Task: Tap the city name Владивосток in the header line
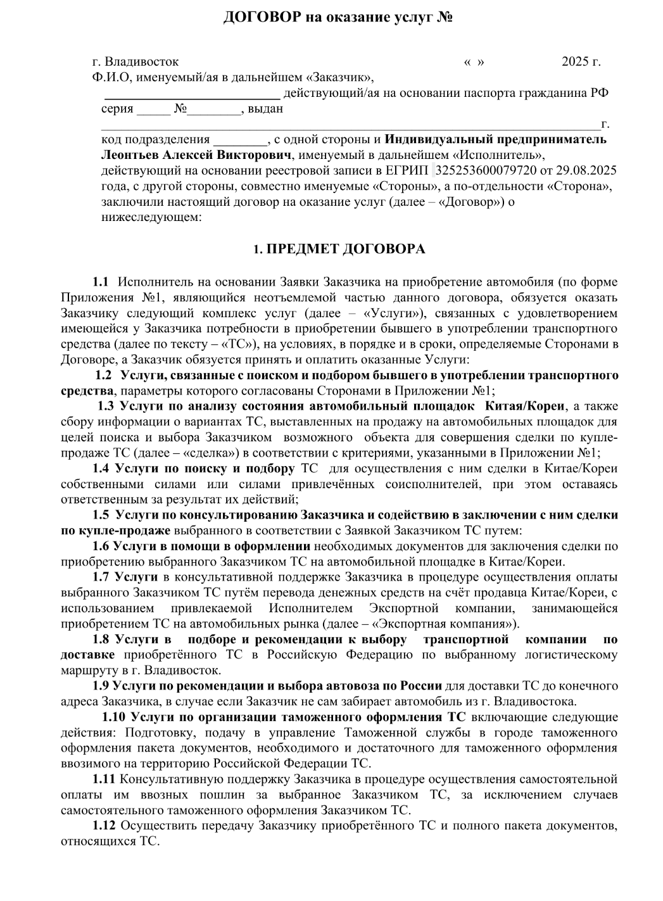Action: click(x=141, y=62)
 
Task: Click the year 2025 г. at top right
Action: click(x=581, y=62)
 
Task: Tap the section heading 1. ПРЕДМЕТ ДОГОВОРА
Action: click(x=339, y=249)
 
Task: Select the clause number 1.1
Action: click(x=100, y=282)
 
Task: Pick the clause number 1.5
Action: click(x=101, y=515)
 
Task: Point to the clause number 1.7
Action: click(x=101, y=577)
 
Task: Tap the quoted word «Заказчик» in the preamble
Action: click(x=338, y=78)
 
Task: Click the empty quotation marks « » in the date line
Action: click(x=474, y=62)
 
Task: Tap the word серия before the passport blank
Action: click(x=117, y=109)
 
